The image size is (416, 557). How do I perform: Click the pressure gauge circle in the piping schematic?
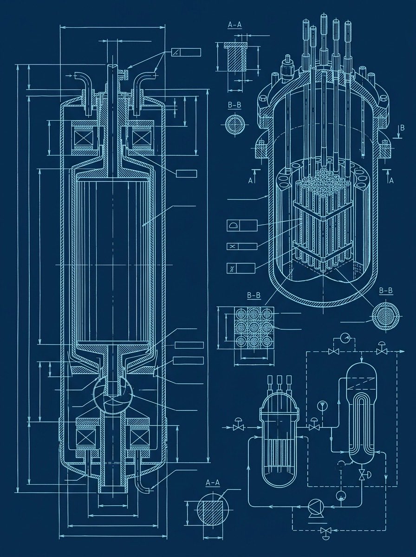[x=345, y=338]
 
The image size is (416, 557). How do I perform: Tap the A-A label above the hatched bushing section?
[x=235, y=25]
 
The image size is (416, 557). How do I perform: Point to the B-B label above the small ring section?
[x=234, y=105]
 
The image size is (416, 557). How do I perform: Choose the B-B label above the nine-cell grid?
[x=254, y=296]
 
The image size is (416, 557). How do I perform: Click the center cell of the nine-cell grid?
[x=253, y=328]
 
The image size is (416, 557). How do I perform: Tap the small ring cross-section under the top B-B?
[x=235, y=125]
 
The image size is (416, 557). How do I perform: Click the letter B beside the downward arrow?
[x=402, y=128]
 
